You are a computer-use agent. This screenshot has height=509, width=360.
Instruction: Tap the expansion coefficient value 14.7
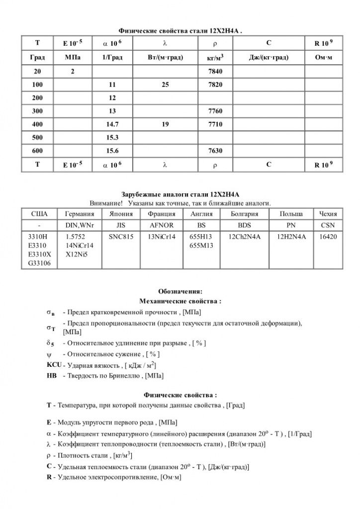click(x=112, y=124)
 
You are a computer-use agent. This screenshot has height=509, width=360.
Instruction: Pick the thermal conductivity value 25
click(x=166, y=85)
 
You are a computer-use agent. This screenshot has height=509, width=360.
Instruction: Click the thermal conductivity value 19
click(x=166, y=124)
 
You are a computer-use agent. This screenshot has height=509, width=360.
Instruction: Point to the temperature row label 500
click(x=37, y=137)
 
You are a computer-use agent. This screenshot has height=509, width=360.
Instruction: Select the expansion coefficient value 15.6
click(x=112, y=151)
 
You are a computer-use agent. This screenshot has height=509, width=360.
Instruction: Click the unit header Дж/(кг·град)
click(x=269, y=58)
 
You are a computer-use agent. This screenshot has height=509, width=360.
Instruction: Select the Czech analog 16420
click(x=328, y=238)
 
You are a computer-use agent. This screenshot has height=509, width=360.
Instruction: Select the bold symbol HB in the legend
click(x=51, y=376)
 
